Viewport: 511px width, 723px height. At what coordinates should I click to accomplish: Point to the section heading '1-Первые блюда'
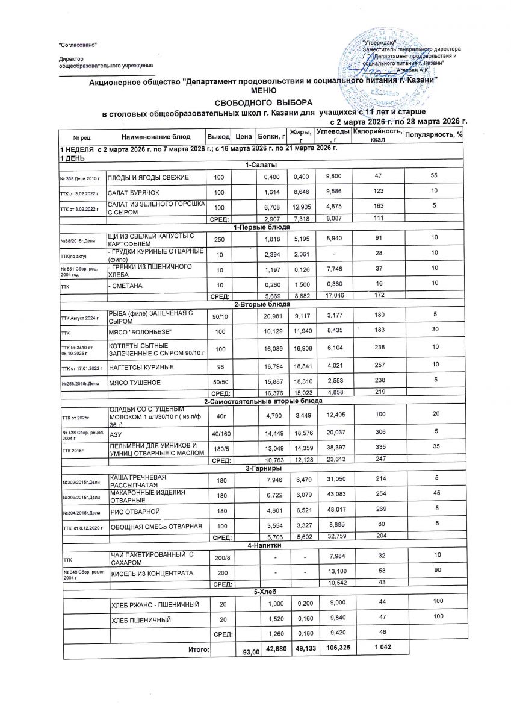259,227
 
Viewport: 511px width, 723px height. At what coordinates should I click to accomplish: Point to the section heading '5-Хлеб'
259,591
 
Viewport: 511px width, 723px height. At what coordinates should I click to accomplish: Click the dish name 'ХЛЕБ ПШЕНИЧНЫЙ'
139,619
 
